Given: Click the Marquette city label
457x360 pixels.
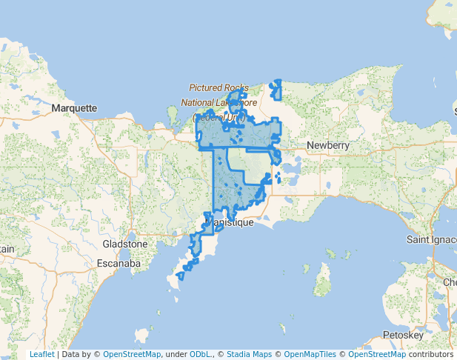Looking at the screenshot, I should click(x=75, y=108).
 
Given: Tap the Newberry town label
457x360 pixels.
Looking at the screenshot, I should click(x=327, y=145).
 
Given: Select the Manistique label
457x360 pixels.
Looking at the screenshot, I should click(x=230, y=222).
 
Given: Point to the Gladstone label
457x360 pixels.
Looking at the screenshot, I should click(x=124, y=244).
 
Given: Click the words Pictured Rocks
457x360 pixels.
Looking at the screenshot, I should click(x=219, y=87).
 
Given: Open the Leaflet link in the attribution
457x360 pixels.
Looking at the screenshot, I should click(x=41, y=355).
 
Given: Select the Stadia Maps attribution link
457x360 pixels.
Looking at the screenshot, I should click(x=251, y=355).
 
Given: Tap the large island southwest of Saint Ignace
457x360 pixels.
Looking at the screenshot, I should click(x=322, y=279).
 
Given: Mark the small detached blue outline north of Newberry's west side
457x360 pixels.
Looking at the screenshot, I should click(x=276, y=90).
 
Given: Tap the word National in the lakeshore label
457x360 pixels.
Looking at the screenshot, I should click(x=198, y=102).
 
